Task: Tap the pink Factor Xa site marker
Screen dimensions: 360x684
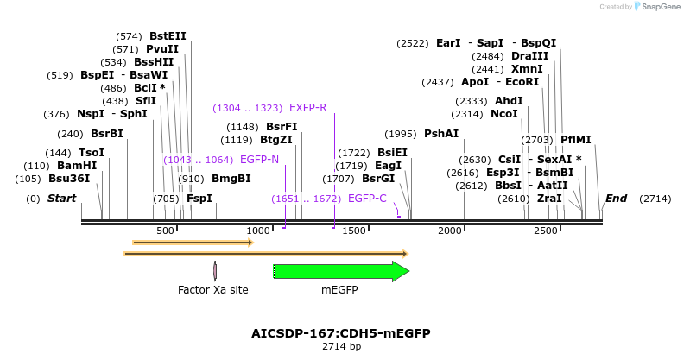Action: [215, 271]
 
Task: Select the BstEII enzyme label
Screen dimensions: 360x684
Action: [168, 36]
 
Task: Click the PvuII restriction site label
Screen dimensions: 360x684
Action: [162, 49]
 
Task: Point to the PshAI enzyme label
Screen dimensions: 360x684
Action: [441, 134]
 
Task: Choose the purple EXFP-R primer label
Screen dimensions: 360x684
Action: [307, 108]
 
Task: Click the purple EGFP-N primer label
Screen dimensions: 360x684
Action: [259, 160]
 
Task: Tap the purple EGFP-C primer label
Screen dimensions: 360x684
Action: [367, 199]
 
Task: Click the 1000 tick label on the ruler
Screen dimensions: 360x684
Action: [258, 231]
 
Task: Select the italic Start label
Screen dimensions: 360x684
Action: [61, 199]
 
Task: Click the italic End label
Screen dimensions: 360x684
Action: [616, 199]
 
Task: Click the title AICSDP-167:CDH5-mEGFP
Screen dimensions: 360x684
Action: [340, 333]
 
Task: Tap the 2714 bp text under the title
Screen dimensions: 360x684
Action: [340, 346]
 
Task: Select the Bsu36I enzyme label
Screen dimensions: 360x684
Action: [69, 179]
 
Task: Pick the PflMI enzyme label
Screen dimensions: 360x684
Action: [576, 140]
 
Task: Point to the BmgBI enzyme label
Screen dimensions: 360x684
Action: [231, 179]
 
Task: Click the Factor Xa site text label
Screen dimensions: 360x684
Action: [213, 290]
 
